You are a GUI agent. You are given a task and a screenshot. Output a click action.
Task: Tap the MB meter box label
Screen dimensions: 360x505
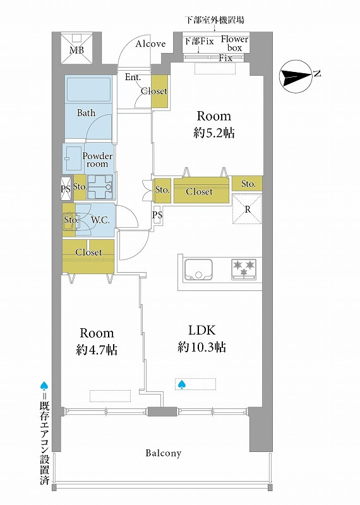coord(76,50)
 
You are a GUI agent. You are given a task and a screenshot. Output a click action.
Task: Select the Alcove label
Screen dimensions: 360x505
coord(150,44)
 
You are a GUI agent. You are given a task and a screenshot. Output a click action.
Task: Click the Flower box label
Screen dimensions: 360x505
coord(234,44)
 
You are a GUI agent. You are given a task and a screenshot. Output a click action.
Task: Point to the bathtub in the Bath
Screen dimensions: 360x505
coord(88,89)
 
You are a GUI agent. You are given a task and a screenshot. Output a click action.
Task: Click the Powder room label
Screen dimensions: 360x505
coord(97,160)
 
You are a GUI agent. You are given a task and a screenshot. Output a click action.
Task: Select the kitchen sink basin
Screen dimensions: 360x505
coord(198,270)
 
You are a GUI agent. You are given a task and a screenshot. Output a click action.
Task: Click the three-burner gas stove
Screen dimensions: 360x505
coord(244,269)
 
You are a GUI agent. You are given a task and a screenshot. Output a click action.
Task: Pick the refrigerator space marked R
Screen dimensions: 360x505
coord(247,209)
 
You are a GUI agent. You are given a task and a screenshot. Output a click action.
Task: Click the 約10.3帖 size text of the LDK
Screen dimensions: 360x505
coord(201,347)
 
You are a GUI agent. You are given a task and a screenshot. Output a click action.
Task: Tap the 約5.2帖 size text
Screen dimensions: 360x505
coord(213,133)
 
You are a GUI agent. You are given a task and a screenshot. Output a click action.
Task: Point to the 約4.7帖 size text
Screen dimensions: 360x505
coord(97,350)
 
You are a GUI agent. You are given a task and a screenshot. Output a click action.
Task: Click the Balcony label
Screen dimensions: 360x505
coord(164,453)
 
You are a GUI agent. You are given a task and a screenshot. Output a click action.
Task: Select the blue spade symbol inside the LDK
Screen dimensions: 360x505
coord(181,384)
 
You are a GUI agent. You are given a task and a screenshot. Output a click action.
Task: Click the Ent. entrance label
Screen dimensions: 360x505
coord(133,77)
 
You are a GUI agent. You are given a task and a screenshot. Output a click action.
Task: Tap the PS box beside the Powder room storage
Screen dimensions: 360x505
coord(66,189)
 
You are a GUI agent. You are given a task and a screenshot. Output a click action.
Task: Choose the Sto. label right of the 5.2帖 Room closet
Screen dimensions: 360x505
coord(248,184)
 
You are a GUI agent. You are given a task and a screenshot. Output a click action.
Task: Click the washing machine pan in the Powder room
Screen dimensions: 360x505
coord(100,187)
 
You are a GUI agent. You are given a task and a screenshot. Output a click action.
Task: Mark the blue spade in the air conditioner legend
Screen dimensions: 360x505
coord(44,386)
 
